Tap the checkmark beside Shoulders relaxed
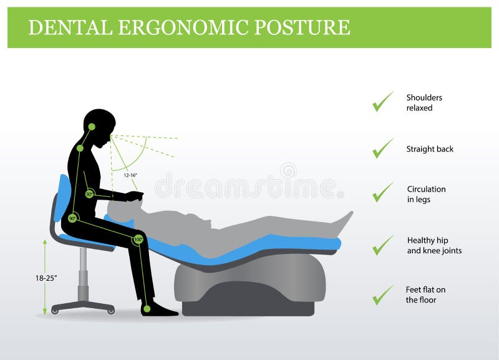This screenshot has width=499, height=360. [382, 102]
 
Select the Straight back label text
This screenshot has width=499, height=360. [430, 149]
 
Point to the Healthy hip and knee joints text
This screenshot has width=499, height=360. [434, 245]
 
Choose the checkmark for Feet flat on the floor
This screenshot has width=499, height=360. [382, 294]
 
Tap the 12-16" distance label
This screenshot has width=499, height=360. [130, 176]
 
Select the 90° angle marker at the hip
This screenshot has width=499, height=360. [73, 218]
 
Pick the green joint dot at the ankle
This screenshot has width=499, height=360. [147, 308]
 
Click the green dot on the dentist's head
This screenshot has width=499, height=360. [92, 127]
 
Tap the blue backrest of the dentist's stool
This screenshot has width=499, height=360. [62, 198]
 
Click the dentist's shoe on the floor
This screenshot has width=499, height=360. [159, 309]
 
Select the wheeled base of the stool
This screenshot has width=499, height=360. [83, 306]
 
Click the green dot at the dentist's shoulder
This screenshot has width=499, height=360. [80, 148]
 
